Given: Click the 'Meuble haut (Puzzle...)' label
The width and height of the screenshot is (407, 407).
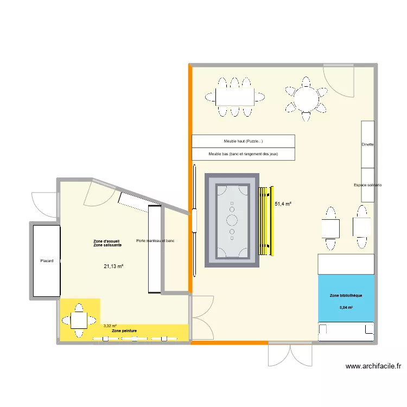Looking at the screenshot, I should click(243, 142).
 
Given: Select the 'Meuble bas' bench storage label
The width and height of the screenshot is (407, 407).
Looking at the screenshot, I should click(243, 154).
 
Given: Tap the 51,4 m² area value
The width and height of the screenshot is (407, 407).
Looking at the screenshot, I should click(283, 204).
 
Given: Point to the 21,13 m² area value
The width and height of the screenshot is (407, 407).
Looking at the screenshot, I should click(114, 266).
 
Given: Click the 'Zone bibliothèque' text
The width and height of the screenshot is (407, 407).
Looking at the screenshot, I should click(346, 296).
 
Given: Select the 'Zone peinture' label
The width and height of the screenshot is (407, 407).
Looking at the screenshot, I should click(124, 330).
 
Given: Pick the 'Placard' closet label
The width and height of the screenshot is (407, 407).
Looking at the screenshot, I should click(47, 261).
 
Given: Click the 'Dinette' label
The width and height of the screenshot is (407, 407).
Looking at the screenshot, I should click(367, 145).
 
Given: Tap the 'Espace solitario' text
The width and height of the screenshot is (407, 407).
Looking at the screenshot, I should click(367, 185).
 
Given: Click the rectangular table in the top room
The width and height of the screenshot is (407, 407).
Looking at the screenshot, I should click(234, 97).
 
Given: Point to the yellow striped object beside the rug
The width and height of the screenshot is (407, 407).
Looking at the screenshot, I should click(265, 221).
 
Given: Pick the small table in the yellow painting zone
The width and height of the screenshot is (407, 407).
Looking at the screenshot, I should click(80, 320).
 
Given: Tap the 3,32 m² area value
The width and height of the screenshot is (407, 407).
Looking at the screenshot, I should click(110, 326).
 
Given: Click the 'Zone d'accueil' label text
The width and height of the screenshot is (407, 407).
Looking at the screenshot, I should click(107, 241).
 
